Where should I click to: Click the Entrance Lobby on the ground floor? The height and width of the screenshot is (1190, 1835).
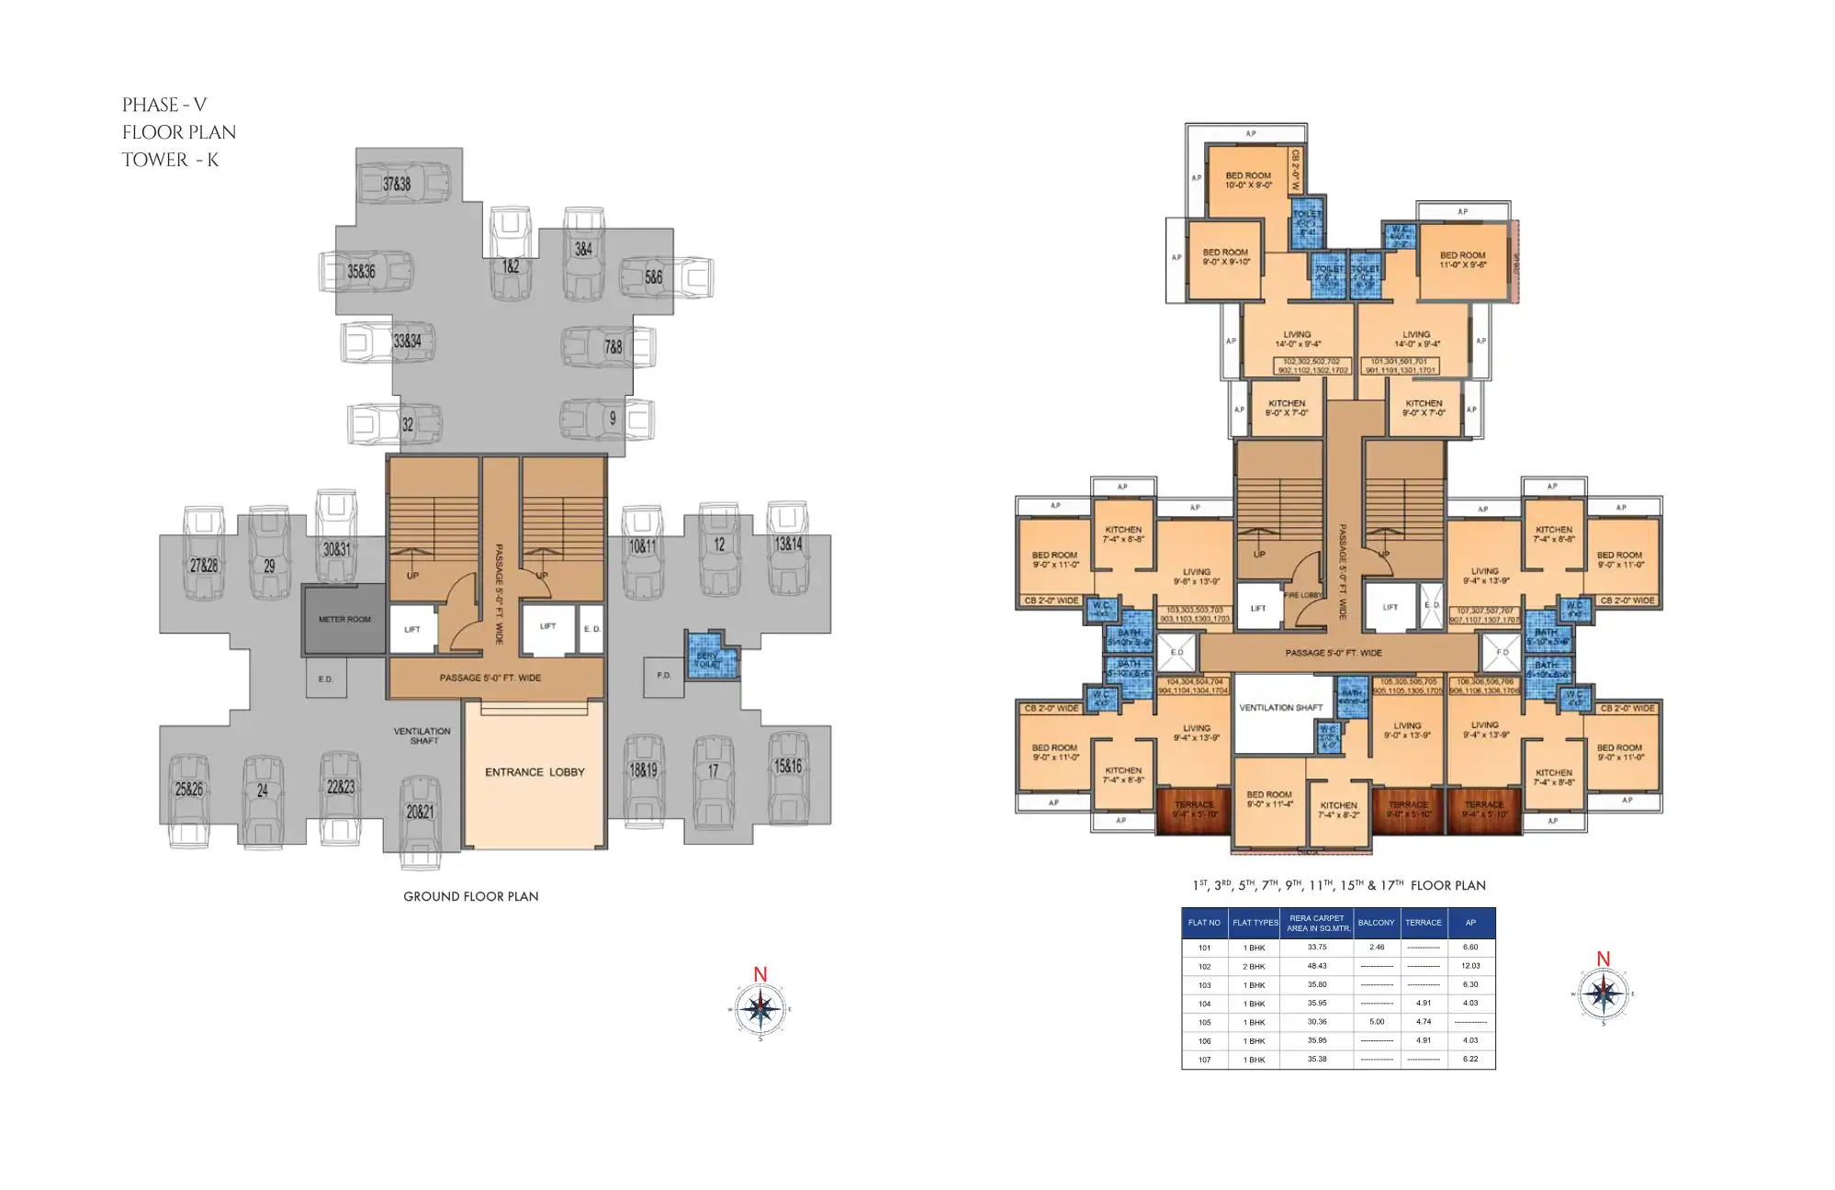click(535, 772)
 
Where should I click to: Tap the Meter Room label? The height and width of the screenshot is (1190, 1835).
click(344, 620)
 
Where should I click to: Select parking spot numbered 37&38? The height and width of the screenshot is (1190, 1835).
click(397, 185)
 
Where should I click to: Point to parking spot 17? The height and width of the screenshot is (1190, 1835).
click(713, 772)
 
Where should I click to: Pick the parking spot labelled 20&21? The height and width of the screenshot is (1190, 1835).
click(420, 812)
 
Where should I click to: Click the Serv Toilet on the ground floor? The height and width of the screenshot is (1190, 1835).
click(709, 658)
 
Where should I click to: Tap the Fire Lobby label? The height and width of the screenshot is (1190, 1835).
click(1302, 596)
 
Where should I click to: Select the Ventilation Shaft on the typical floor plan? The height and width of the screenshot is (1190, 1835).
click(1280, 708)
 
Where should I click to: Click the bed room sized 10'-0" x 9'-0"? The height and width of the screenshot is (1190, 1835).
click(1248, 180)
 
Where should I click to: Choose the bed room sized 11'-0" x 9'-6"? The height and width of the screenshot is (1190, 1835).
click(1462, 260)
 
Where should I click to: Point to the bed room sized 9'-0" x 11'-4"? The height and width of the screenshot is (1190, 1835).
click(1269, 800)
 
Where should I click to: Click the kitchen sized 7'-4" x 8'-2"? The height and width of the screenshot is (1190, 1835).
click(1338, 810)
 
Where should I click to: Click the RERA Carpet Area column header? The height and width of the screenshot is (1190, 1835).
click(1317, 923)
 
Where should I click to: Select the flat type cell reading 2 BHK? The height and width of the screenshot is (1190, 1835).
click(1254, 967)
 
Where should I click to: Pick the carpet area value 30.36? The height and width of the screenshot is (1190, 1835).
click(1317, 1022)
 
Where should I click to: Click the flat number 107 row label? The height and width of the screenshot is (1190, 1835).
click(1204, 1060)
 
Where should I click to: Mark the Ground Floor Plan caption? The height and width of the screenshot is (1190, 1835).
click(471, 896)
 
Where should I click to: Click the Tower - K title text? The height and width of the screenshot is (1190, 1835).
click(171, 160)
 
